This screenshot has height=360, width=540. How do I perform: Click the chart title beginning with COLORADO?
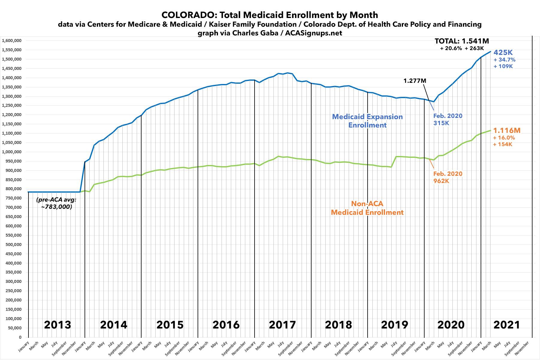coord(270,15)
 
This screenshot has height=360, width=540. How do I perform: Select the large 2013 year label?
coord(58,325)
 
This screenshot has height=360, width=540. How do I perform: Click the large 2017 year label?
coord(282,325)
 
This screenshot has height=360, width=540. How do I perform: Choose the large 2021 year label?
coord(506,325)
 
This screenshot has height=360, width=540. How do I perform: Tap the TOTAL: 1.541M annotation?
coord(462,41)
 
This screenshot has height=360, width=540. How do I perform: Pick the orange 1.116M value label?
coord(507,130)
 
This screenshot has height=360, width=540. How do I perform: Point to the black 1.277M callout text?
coord(415,81)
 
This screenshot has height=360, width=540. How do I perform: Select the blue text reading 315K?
coord(441,123)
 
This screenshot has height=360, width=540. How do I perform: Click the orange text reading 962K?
coord(441,181)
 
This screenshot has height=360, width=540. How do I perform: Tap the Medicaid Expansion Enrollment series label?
coord(367,121)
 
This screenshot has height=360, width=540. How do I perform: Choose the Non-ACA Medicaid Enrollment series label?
coord(367,208)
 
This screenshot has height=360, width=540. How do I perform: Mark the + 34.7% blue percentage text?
coord(504,60)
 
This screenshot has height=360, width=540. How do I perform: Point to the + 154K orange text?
coord(503,144)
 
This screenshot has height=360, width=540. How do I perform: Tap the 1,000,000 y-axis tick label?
coord(13,152)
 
